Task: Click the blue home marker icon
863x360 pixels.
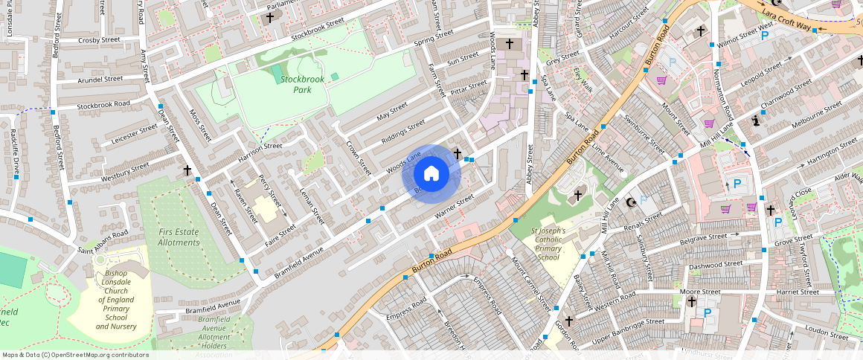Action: (x=431, y=174)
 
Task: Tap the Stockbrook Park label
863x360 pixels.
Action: (x=302, y=84)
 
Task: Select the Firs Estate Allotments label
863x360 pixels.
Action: (x=179, y=237)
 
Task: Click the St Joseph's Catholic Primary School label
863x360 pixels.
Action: (x=548, y=244)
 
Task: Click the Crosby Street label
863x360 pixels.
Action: (x=99, y=40)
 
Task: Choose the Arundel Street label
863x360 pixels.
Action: (x=100, y=79)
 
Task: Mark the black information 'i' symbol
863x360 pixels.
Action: (x=757, y=120)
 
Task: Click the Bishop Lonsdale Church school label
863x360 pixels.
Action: (x=116, y=300)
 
